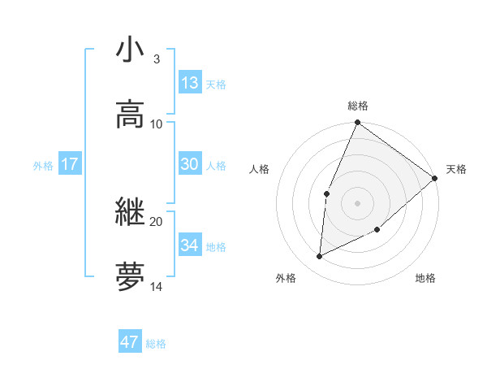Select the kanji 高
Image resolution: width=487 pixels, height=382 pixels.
pyautogui.click(x=130, y=113)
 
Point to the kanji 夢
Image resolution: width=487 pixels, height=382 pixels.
pyautogui.click(x=130, y=276)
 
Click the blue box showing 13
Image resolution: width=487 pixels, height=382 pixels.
pyautogui.click(x=190, y=83)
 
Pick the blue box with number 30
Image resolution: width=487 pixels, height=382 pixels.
pyautogui.click(x=190, y=164)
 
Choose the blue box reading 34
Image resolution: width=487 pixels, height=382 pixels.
pyautogui.click(x=190, y=245)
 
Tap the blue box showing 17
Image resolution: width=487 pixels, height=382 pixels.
pyautogui.click(x=70, y=164)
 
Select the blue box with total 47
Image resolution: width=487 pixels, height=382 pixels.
pyautogui.click(x=130, y=342)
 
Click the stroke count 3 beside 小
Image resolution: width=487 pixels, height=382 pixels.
pyautogui.click(x=157, y=59)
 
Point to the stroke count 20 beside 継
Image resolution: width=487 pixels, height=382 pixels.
pyautogui.click(x=157, y=221)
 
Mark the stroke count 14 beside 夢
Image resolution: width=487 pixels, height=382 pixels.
pyautogui.click(x=157, y=286)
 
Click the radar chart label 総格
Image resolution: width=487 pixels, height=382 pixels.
pyautogui.click(x=358, y=106)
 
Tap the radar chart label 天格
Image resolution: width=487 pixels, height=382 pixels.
pyautogui.click(x=456, y=169)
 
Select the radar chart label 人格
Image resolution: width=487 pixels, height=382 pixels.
pyautogui.click(x=260, y=169)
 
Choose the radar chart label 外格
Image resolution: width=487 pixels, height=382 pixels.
pyautogui.click(x=285, y=278)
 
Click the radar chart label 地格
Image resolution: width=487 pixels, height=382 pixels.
pyautogui.click(x=425, y=278)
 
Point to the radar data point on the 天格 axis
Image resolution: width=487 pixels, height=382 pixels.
pyautogui.click(x=434, y=178)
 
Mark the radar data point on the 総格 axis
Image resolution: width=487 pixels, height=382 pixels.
pyautogui.click(x=357, y=124)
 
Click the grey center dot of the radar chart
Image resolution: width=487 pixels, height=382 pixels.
pyautogui.click(x=357, y=202)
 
